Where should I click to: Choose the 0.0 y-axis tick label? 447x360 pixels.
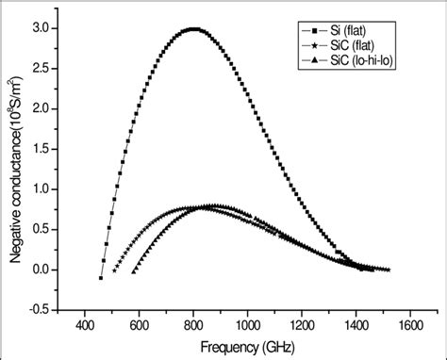39,270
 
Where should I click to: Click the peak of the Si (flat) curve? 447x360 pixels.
193,29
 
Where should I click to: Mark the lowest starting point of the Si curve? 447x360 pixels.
101,277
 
